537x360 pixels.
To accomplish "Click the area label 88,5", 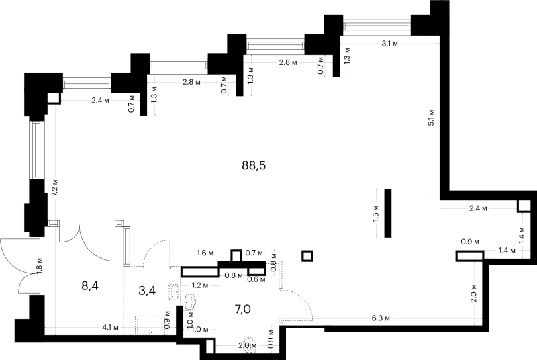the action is (x=254, y=165).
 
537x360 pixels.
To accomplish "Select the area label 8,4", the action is (x=90, y=285).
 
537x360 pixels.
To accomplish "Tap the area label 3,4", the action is (x=147, y=291).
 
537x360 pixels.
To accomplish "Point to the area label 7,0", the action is (x=242, y=310).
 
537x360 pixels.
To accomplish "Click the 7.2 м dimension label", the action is (x=55, y=187).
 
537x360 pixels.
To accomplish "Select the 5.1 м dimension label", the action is (x=431, y=118).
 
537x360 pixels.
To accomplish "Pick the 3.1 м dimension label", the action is (x=390, y=44).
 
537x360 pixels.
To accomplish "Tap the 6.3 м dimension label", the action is (x=381, y=318).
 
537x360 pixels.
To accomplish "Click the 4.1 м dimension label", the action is (x=110, y=328).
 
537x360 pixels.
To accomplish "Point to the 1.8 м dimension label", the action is (x=40, y=266).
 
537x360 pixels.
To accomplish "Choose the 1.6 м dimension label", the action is (x=205, y=253).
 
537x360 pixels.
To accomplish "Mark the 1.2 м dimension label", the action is (x=200, y=285).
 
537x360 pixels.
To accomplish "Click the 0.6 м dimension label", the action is (x=256, y=279).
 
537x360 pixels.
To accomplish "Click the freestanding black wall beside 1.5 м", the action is (x=388, y=213).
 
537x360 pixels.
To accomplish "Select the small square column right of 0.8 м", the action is (x=307, y=256).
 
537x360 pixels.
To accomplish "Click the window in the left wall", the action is (x=37, y=149).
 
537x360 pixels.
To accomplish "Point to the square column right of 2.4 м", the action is (x=524, y=206).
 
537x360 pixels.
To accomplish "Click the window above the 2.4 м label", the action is (x=87, y=85).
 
